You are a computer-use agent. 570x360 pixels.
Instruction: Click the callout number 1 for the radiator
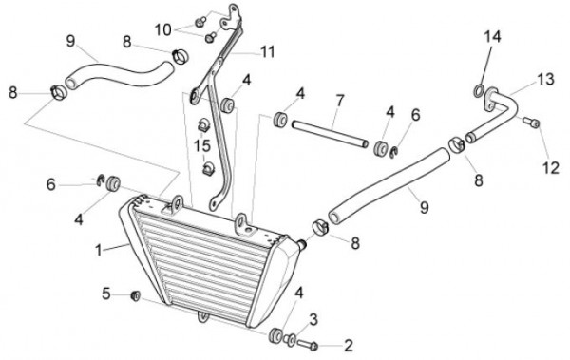tap(98, 250)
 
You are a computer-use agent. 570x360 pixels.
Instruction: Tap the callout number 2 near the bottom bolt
tap(349, 346)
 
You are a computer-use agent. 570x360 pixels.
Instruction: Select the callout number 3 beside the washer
tap(313, 320)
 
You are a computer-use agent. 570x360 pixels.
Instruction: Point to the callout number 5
tap(105, 294)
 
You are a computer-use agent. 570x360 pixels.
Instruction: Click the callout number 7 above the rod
tap(340, 100)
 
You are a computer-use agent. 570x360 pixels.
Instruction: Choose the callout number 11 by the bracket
tap(268, 52)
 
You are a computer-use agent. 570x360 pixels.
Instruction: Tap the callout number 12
tap(551, 168)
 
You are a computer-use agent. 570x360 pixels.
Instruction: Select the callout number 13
tap(545, 79)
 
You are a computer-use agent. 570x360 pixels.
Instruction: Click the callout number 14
tap(492, 37)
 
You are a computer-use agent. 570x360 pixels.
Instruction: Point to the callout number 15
tap(202, 146)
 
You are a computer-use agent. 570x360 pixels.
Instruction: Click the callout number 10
tap(162, 29)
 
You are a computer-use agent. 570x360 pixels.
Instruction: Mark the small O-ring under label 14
tap(479, 91)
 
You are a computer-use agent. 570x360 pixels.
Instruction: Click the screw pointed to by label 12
tap(531, 123)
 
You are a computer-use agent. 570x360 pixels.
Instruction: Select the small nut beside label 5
tap(135, 296)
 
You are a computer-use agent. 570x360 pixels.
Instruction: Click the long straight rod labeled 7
tap(330, 134)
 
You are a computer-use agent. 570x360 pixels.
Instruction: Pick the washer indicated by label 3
tap(290, 340)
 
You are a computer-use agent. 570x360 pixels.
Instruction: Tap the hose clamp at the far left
tap(59, 92)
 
